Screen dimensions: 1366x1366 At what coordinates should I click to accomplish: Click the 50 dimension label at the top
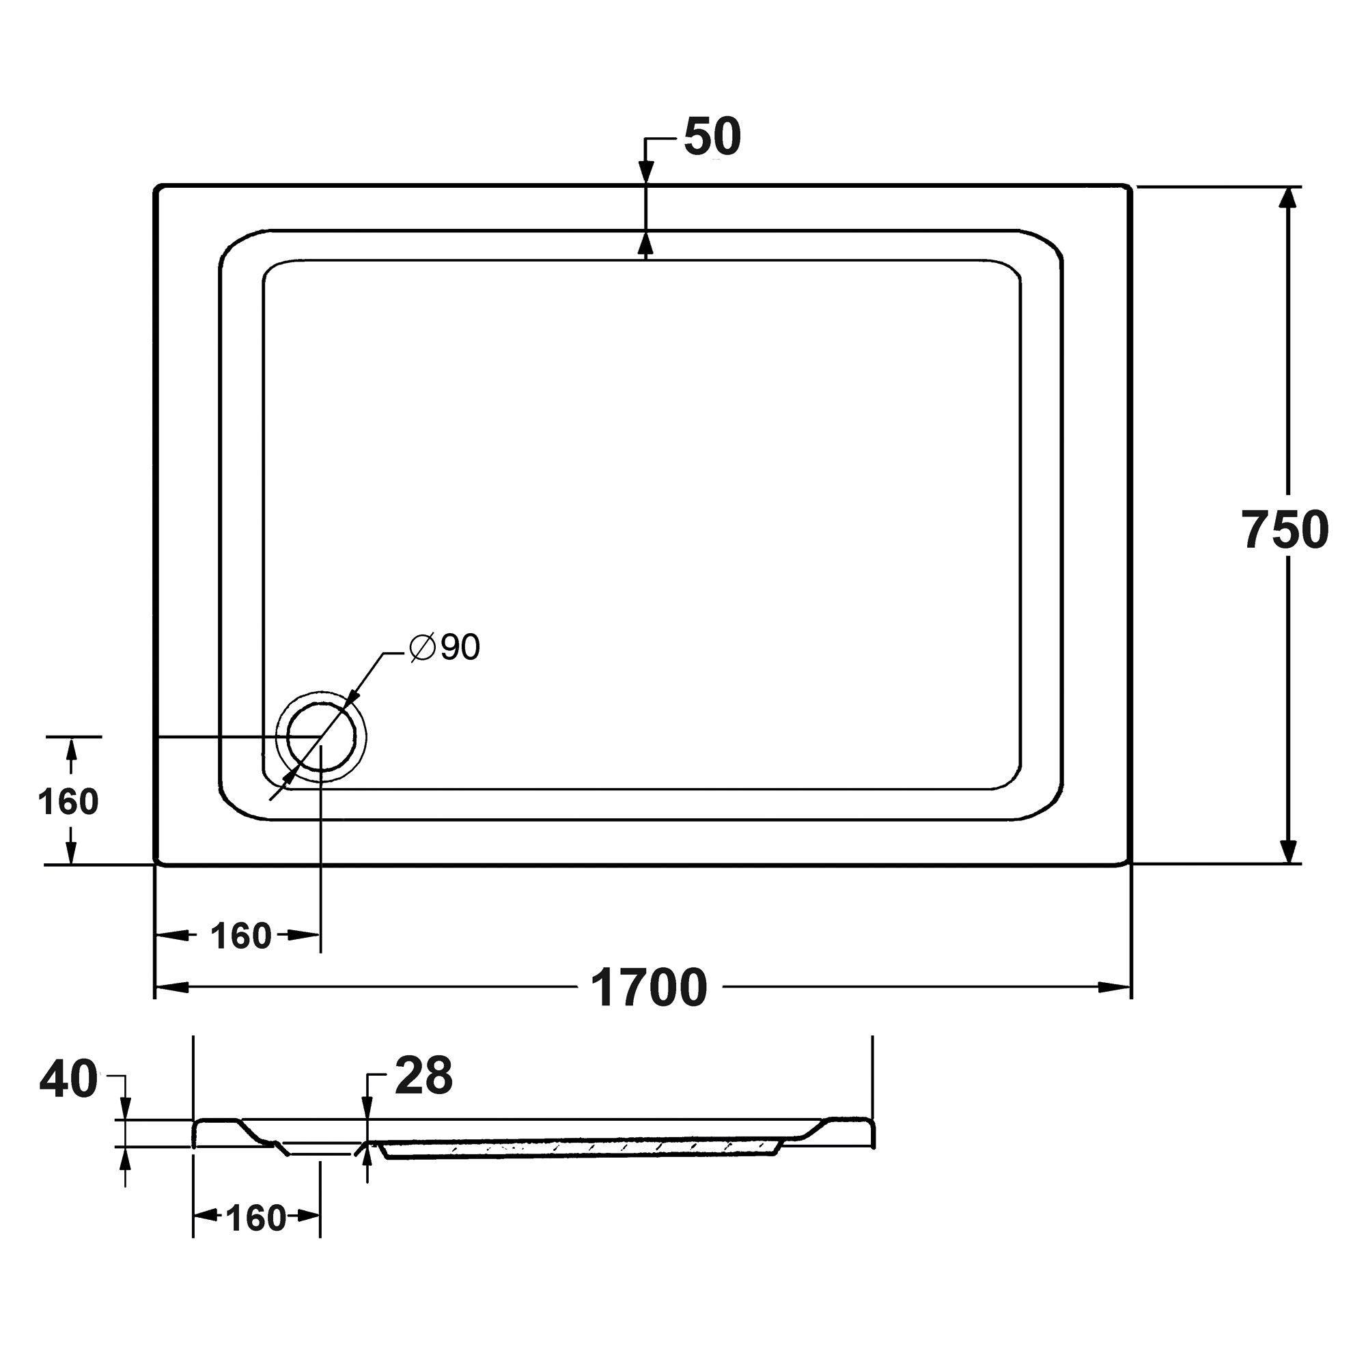[712, 137]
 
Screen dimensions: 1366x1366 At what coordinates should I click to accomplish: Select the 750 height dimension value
[1285, 530]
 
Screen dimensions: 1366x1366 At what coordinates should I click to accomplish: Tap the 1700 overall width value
[648, 988]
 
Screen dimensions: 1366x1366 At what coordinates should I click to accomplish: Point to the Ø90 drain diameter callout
[445, 646]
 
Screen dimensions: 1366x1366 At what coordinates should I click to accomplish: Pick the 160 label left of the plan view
[68, 802]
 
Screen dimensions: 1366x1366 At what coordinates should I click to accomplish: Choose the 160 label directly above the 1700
[241, 936]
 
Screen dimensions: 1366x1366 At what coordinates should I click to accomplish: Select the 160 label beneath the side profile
[256, 1218]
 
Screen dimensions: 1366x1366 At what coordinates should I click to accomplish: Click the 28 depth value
[423, 1076]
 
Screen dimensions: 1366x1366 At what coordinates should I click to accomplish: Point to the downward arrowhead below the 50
[645, 173]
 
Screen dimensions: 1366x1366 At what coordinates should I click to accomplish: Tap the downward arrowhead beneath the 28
[367, 1107]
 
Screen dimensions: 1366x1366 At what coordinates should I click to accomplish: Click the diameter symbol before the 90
[422, 646]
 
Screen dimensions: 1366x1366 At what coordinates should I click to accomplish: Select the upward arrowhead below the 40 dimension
[125, 1158]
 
